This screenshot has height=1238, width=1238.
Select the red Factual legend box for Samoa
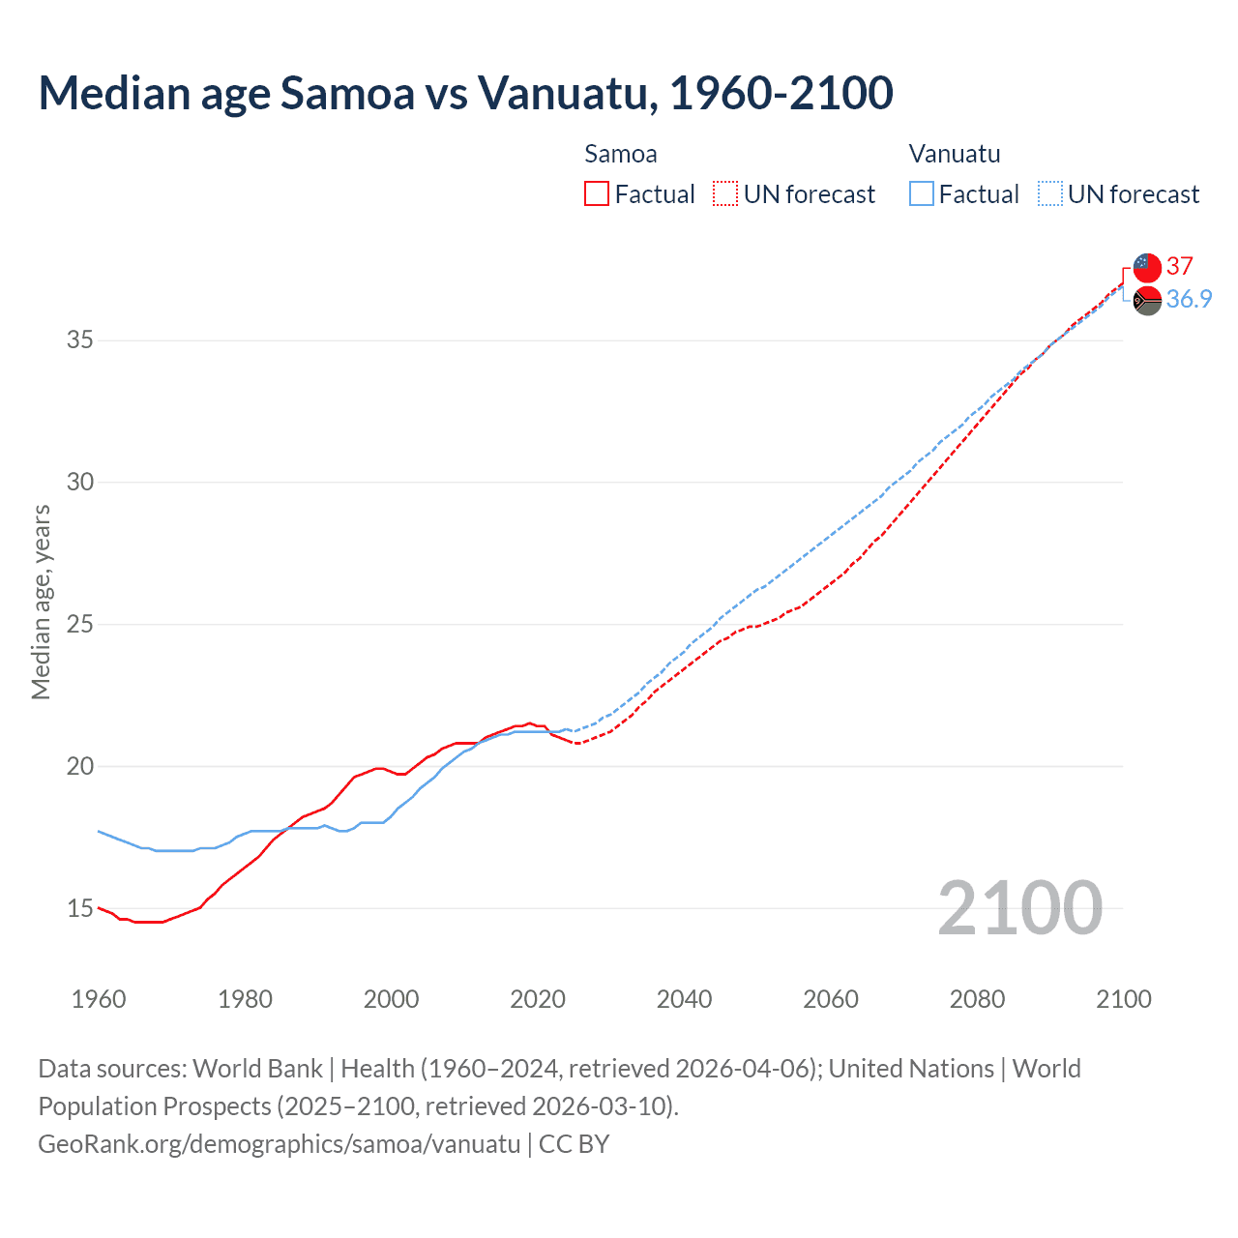(597, 194)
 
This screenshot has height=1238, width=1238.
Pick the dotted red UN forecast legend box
(725, 194)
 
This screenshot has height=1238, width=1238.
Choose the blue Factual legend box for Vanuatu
(921, 194)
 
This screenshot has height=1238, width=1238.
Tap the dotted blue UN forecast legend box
(1049, 194)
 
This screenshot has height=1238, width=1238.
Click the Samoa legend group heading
(621, 154)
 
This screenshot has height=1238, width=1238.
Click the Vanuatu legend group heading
(955, 154)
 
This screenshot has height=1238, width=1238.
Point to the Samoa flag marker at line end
(1147, 267)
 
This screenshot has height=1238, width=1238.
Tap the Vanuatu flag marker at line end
(1147, 301)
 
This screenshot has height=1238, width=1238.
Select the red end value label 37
(1179, 266)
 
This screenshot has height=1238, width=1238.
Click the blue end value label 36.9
(1189, 299)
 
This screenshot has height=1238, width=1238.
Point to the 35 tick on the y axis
(79, 340)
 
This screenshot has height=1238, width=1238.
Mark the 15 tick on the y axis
(79, 908)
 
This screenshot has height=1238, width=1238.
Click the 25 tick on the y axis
(79, 624)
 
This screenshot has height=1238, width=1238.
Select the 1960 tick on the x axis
(99, 999)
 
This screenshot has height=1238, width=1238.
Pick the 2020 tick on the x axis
(538, 999)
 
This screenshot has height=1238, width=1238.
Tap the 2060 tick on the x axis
(831, 999)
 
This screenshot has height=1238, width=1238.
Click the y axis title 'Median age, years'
(41, 602)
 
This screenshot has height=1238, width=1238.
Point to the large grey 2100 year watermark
(1019, 907)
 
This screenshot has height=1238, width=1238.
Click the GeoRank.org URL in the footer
(280, 1144)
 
